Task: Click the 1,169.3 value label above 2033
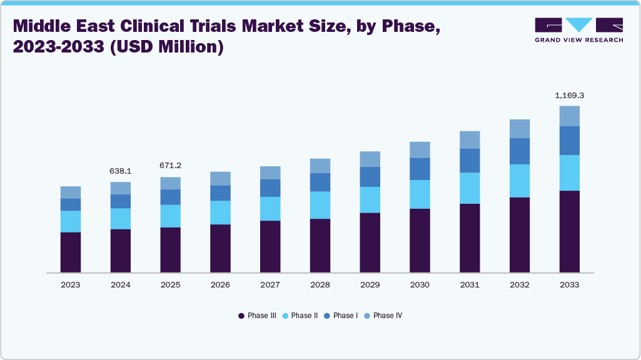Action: (x=569, y=96)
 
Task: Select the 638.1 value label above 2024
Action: (x=120, y=171)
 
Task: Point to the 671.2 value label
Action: (x=170, y=166)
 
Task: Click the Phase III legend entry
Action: (x=257, y=316)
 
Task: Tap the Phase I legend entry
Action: (x=341, y=316)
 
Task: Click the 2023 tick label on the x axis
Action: (x=70, y=284)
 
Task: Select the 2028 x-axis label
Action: (x=320, y=284)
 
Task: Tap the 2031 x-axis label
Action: (x=470, y=284)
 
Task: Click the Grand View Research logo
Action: (x=578, y=30)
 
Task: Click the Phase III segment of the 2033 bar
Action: (x=569, y=231)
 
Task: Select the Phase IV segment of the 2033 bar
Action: (x=569, y=116)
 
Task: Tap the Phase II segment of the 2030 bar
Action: (x=420, y=194)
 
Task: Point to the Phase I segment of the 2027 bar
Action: (x=270, y=187)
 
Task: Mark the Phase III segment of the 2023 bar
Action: (x=70, y=252)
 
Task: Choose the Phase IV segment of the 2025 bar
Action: (x=170, y=183)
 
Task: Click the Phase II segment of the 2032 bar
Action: (x=519, y=181)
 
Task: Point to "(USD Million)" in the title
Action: (x=167, y=47)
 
